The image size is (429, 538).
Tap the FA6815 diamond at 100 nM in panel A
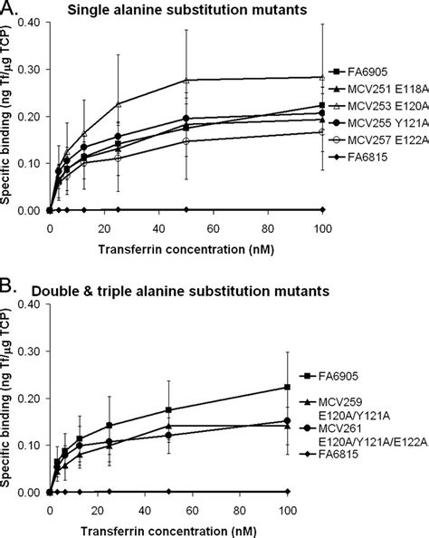coord(287,210)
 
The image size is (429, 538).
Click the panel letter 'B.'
coord(8,291)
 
